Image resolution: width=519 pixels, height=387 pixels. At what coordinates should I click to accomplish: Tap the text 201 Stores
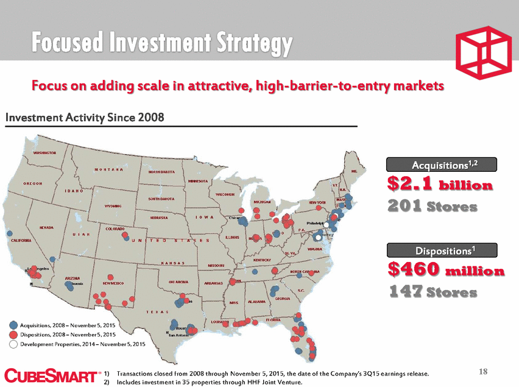point(432,207)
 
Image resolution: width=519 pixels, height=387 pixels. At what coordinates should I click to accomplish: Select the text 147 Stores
point(432,292)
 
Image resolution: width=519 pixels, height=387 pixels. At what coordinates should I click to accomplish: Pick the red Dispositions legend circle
point(13,335)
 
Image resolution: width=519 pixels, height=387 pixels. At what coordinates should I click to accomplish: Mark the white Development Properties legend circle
point(13,344)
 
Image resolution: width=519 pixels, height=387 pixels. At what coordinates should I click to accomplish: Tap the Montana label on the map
point(110,169)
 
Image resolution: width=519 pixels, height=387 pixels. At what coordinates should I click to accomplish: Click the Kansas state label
point(173,263)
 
